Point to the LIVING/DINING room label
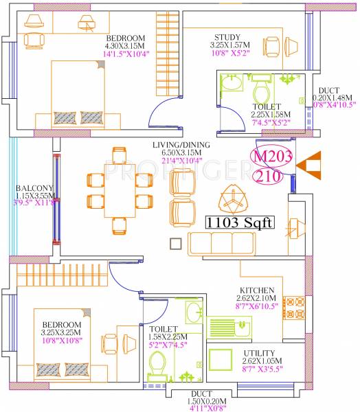[181, 145]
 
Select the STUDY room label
[227, 37]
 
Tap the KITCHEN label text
[258, 290]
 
